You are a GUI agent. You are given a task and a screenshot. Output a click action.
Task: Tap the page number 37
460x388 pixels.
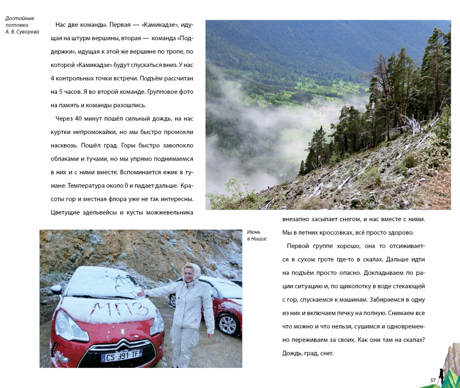point(433,380)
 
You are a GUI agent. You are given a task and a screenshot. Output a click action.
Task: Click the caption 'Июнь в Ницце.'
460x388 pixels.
point(257,235)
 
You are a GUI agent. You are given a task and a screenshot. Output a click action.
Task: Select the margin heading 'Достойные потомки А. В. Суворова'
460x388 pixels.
point(22,25)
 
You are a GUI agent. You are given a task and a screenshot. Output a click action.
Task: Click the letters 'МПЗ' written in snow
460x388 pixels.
point(119,309)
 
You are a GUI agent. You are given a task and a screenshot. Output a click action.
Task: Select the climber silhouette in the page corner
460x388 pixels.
point(441,375)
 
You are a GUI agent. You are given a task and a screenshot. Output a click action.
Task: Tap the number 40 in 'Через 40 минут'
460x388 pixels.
point(78,119)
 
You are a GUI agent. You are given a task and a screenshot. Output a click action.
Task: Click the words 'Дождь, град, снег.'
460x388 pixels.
point(308,353)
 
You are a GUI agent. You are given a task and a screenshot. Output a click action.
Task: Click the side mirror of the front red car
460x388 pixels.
point(56,289)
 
